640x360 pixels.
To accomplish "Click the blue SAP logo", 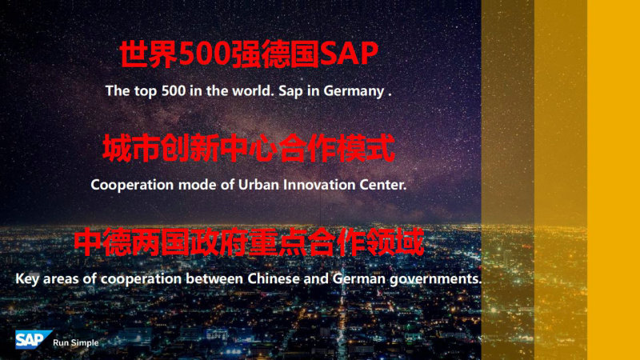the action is [x=34, y=339].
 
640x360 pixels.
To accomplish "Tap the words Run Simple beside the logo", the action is [x=76, y=343].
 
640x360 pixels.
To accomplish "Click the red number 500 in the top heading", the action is [x=205, y=54].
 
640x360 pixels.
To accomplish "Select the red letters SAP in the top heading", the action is [x=349, y=54].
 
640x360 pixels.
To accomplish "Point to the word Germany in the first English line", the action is [x=354, y=91].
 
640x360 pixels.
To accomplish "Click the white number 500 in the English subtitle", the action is [x=174, y=90].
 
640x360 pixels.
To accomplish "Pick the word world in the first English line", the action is [x=253, y=90].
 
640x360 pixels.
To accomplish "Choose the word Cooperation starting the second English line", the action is [x=132, y=186].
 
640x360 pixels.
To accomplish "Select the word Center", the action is [x=383, y=185].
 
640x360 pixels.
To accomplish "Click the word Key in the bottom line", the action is [x=27, y=279].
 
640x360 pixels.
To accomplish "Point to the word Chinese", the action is [x=274, y=278].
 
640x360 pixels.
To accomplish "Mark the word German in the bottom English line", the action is [x=358, y=278].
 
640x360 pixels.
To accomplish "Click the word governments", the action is [x=435, y=279].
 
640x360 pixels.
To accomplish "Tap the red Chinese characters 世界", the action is [x=149, y=54].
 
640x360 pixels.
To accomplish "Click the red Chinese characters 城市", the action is [x=131, y=149].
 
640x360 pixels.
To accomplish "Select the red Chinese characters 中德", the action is [x=102, y=242].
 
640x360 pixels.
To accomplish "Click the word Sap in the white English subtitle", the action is [x=290, y=91].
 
